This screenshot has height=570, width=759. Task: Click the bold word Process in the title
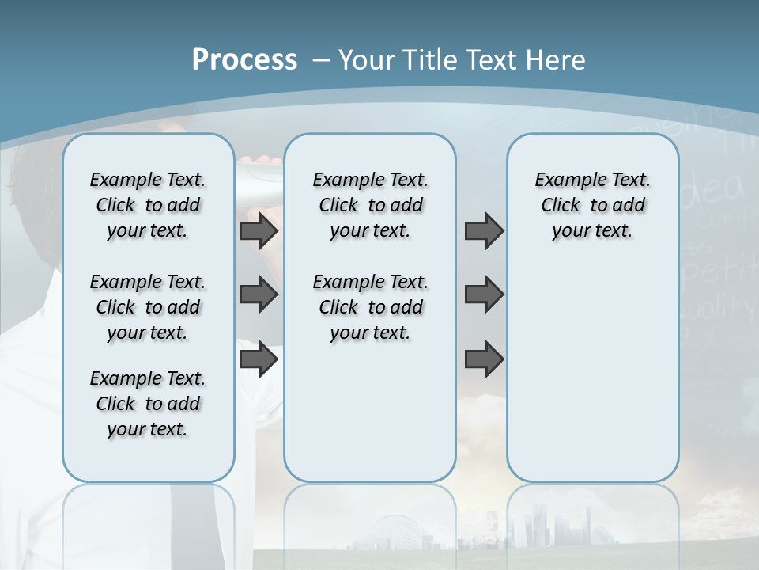pos(244,59)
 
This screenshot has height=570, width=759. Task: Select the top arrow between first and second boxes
pos(258,230)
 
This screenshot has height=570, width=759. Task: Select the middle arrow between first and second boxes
pos(258,294)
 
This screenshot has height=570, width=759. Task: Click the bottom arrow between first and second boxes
pos(258,359)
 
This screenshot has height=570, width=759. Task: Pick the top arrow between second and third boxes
pos(484,230)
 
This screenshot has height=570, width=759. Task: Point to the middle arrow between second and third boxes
pos(484,294)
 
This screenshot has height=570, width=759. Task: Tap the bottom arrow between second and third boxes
pos(484,359)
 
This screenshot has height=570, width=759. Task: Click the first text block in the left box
pos(148,205)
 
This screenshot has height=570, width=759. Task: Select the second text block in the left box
pos(148,307)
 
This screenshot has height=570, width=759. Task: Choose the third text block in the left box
pos(148,404)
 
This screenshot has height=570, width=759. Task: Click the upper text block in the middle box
pos(370,205)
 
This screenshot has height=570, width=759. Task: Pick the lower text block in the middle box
pos(370,307)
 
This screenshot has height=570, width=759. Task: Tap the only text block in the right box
pos(592,205)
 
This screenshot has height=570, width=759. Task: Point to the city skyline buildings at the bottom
pos(546,526)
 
